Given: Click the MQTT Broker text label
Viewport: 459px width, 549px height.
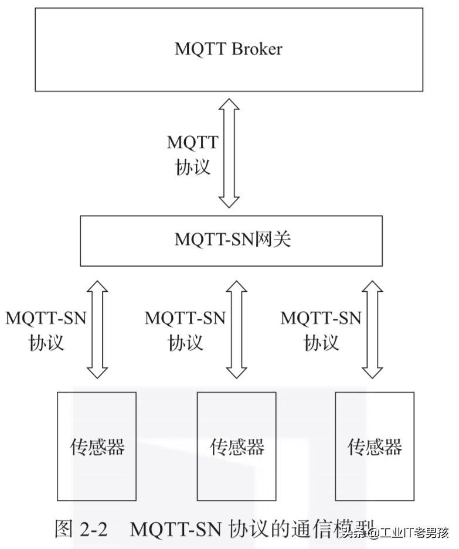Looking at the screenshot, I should pyautogui.click(x=228, y=49).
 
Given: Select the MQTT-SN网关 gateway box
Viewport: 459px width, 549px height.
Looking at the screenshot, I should pyautogui.click(x=231, y=240).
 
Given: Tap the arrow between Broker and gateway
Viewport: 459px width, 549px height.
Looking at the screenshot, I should pyautogui.click(x=229, y=154).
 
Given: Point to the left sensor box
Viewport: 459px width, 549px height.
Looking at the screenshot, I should pyautogui.click(x=97, y=446).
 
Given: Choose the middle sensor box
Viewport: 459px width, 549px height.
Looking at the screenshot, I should pyautogui.click(x=236, y=446).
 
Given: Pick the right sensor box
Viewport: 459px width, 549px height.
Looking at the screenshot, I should pyautogui.click(x=375, y=446).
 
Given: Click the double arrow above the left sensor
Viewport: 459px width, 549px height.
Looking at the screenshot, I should pyautogui.click(x=97, y=329).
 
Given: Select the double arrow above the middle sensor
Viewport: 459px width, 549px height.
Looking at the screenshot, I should pyautogui.click(x=237, y=329).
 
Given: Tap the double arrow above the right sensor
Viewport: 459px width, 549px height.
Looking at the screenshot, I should pyautogui.click(x=372, y=329).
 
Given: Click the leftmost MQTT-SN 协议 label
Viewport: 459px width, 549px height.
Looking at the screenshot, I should pyautogui.click(x=46, y=330).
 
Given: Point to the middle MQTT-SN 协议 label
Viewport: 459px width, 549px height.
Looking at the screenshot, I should pyautogui.click(x=185, y=330).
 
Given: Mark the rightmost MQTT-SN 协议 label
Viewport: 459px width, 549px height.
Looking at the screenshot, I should pyautogui.click(x=321, y=330).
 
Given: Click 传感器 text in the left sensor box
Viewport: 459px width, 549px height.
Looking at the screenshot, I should pyautogui.click(x=97, y=447).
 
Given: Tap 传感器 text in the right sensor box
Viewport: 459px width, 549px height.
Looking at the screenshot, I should pyautogui.click(x=375, y=447).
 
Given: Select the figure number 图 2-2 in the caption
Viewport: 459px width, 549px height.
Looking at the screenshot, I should pyautogui.click(x=81, y=530).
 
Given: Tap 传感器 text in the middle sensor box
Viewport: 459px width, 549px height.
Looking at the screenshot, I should pyautogui.click(x=237, y=447).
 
